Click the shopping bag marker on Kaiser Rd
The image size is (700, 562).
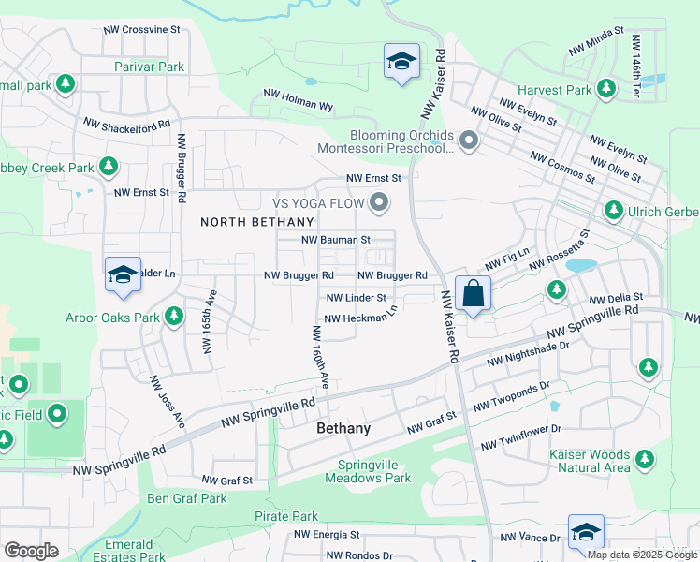click(x=474, y=293)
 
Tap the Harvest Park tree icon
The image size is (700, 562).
click(x=607, y=89)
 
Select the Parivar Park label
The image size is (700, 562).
click(x=150, y=67)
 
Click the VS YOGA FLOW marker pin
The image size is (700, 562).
click(x=379, y=201)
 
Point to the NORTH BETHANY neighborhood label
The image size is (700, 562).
click(x=257, y=222)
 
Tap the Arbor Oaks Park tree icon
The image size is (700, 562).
click(x=173, y=317)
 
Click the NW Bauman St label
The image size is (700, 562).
click(x=336, y=241)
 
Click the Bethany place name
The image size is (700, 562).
click(x=343, y=428)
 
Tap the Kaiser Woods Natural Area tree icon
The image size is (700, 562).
click(x=644, y=459)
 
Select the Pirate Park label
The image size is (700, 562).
click(x=286, y=517)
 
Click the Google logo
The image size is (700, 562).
click(x=31, y=551)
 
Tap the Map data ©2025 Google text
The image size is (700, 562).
click(x=642, y=555)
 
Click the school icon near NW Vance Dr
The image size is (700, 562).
click(x=586, y=532)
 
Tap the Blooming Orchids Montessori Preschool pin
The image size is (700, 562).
click(x=469, y=141)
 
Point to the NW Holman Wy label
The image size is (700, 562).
click(x=299, y=96)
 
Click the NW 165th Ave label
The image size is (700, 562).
click(x=209, y=320)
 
